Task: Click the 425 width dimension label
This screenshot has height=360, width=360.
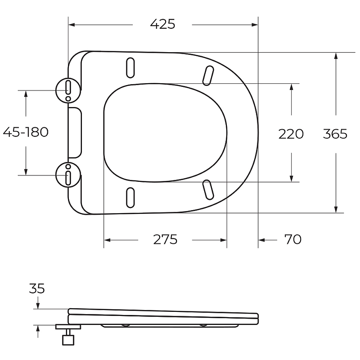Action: pos(162,24)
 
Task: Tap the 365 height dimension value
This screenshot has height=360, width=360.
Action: pos(335,134)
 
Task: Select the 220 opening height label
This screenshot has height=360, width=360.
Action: pos(291,134)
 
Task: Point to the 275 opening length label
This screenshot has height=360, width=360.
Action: pos(165,239)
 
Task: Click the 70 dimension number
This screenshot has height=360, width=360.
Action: pos(293,239)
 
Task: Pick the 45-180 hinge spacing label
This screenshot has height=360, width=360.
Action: pos(26,132)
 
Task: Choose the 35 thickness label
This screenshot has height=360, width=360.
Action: pos(37,288)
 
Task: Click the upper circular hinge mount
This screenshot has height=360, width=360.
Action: pos(68,90)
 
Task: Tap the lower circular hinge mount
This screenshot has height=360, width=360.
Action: pos(68,175)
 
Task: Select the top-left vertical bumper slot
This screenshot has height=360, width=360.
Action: pos(130,68)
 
